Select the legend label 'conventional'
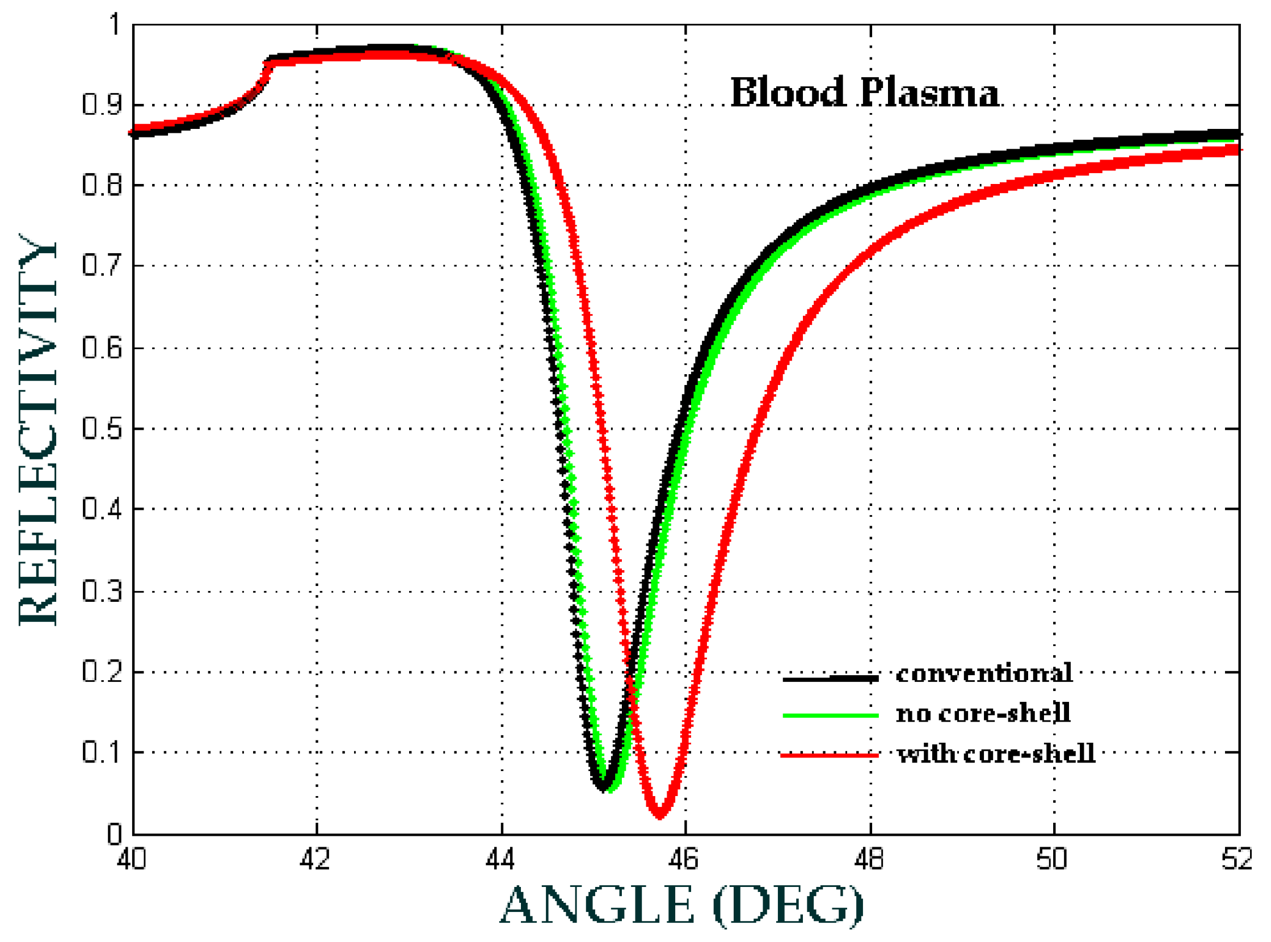(984, 674)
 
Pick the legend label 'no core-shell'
(983, 713)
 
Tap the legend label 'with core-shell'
(995, 754)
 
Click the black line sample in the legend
(830, 679)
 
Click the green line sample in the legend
(830, 715)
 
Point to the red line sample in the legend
(830, 756)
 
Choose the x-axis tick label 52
(1237, 859)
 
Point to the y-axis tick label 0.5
(102, 429)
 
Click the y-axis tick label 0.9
(102, 105)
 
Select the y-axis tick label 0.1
(102, 753)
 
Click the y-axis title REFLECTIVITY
(38, 430)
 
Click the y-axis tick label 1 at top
(115, 25)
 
